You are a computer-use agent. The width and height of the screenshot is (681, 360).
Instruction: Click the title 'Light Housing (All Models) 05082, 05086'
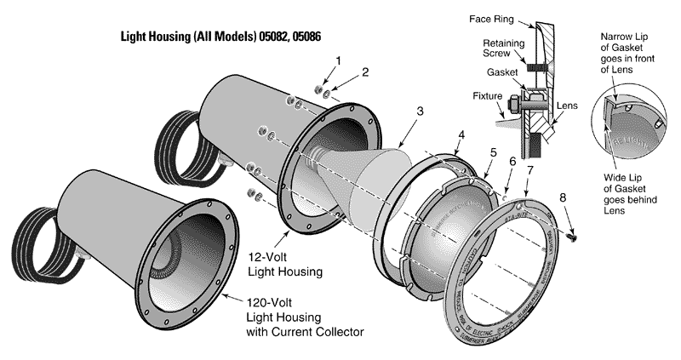coord(222,38)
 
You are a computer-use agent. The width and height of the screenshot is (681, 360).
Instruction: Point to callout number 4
coord(461,135)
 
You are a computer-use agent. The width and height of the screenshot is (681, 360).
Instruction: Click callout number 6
coord(512,161)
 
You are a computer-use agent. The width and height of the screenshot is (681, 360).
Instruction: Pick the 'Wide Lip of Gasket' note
coord(632,197)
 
